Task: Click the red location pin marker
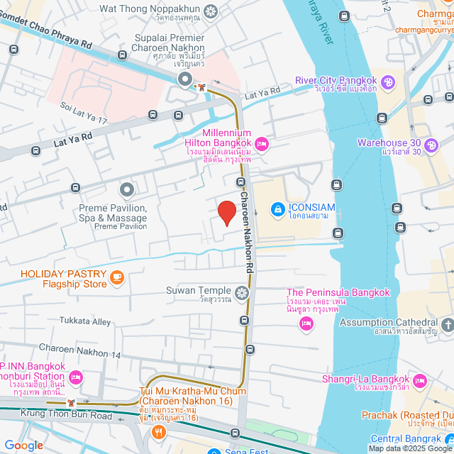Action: click(226, 213)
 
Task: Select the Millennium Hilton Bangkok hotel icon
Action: click(262, 145)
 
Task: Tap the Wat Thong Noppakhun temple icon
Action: click(211, 11)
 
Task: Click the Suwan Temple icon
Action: click(243, 292)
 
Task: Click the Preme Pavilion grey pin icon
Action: click(127, 189)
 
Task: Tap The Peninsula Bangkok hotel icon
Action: click(306, 323)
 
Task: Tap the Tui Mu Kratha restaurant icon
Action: click(159, 431)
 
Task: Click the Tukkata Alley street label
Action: click(85, 321)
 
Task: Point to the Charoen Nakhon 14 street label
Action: click(80, 347)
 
